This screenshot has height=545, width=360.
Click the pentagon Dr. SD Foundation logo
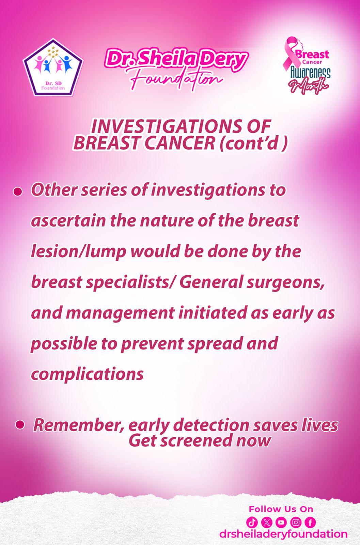[53, 67]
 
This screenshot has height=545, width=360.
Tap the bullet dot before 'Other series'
[17, 192]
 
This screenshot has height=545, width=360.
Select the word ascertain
[68, 221]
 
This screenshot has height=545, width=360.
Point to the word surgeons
[285, 283]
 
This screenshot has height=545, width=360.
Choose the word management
[120, 314]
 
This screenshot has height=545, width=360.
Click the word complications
[87, 375]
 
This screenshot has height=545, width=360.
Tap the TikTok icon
[252, 522]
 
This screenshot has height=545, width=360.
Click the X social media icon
[267, 522]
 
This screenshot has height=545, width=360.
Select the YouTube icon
[281, 522]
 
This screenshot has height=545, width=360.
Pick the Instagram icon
[296, 522]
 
